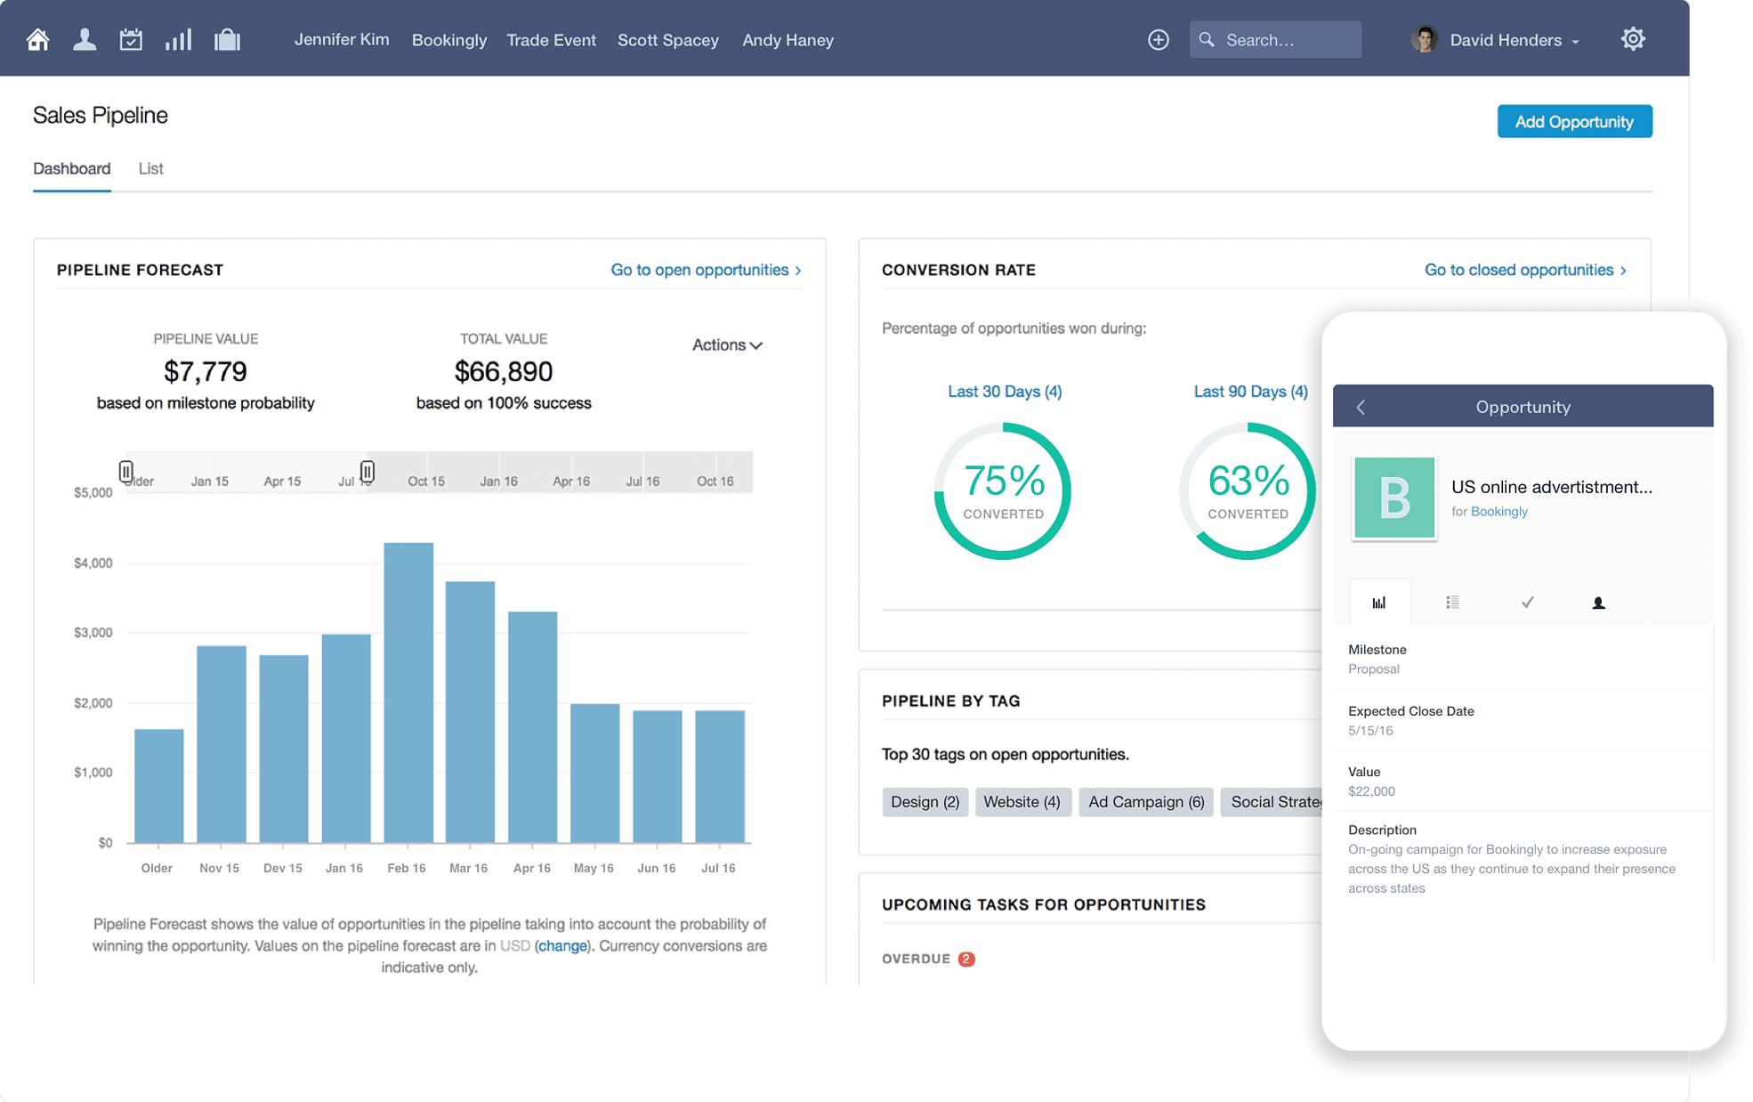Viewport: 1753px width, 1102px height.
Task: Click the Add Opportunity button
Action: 1573,122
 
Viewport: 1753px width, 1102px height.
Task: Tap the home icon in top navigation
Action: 37,40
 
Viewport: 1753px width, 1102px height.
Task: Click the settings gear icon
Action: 1632,39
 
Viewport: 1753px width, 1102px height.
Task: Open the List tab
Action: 150,168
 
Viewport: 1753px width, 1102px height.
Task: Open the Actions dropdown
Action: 726,344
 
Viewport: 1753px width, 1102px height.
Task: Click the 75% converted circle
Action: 1003,491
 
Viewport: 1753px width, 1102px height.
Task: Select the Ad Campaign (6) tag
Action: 1145,802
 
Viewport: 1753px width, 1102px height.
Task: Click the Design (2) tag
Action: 925,802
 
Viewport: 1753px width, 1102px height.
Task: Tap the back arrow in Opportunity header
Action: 1361,407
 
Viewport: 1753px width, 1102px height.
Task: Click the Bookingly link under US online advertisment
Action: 1499,511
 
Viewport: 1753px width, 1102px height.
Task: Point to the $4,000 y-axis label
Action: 93,563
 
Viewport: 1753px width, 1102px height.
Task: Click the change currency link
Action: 562,945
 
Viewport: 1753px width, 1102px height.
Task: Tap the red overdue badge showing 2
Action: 965,959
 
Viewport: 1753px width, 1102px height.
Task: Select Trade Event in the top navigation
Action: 551,40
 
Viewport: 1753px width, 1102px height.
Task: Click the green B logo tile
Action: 1394,498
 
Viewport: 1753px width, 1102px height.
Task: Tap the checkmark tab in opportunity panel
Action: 1527,603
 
